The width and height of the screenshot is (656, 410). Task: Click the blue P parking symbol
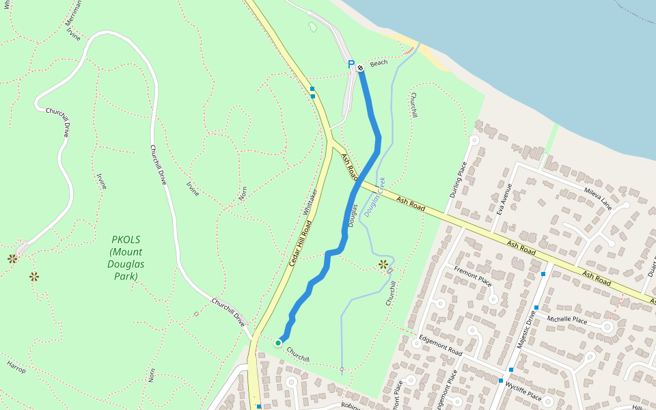tap(351, 64)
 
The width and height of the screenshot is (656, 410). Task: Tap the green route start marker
tap(278, 342)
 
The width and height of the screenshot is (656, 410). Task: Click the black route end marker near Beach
tap(360, 67)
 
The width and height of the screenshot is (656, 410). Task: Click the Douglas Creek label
tap(374, 197)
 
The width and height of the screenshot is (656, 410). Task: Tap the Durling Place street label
tap(457, 179)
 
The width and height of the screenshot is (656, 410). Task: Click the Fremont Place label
tap(473, 277)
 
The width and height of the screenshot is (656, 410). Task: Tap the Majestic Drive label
tap(523, 330)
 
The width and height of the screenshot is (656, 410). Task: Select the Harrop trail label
tap(16, 367)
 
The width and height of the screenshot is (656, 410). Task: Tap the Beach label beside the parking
tap(379, 63)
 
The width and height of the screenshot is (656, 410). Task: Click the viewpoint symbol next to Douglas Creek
tap(383, 264)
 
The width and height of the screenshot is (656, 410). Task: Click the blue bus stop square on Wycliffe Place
tap(501, 381)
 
